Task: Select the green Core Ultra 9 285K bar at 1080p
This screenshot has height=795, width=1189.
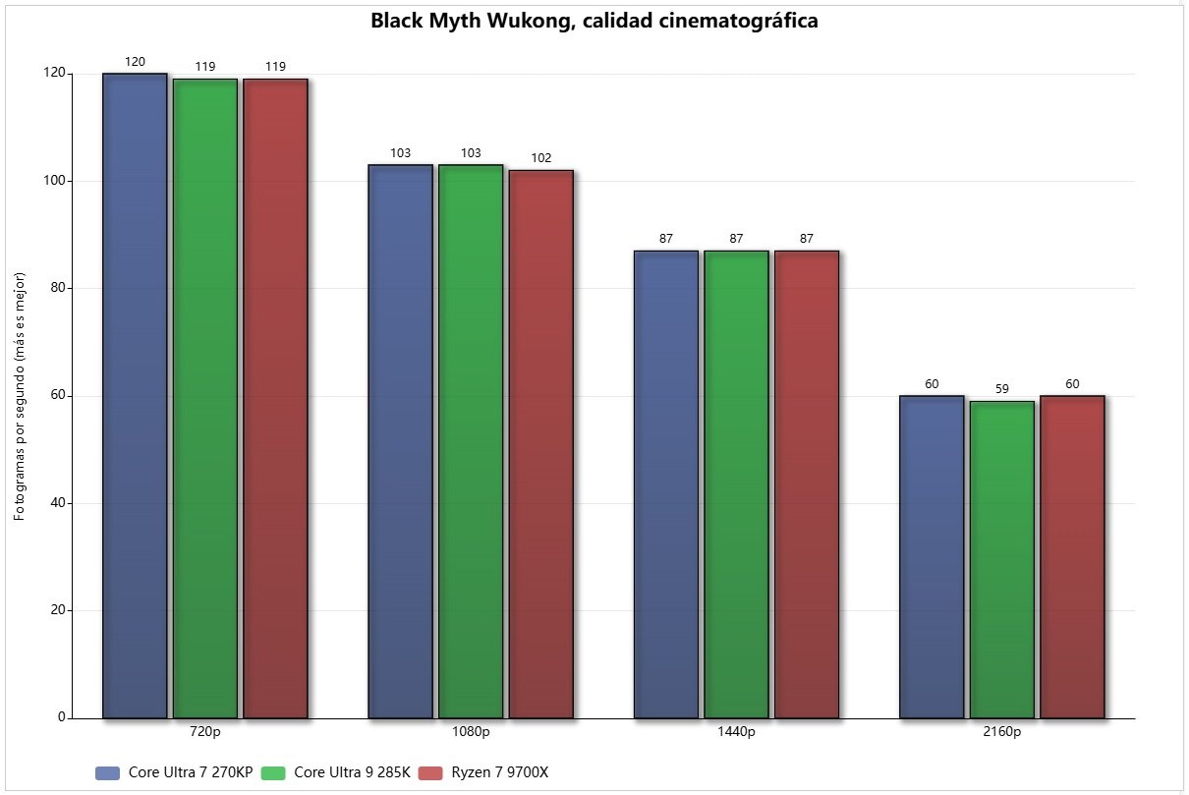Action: tap(471, 441)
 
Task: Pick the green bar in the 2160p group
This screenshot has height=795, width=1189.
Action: tap(1002, 559)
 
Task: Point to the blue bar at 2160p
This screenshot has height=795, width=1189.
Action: tap(932, 556)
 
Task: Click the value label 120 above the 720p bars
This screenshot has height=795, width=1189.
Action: tap(135, 62)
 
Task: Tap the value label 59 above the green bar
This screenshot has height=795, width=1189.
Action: tap(1002, 389)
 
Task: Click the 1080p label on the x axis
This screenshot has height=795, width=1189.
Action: tap(471, 732)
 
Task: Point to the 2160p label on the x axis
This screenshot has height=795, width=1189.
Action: tap(1002, 732)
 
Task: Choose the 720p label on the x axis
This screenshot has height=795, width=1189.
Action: tap(205, 732)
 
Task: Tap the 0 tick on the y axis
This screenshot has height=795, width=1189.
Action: tap(61, 717)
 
